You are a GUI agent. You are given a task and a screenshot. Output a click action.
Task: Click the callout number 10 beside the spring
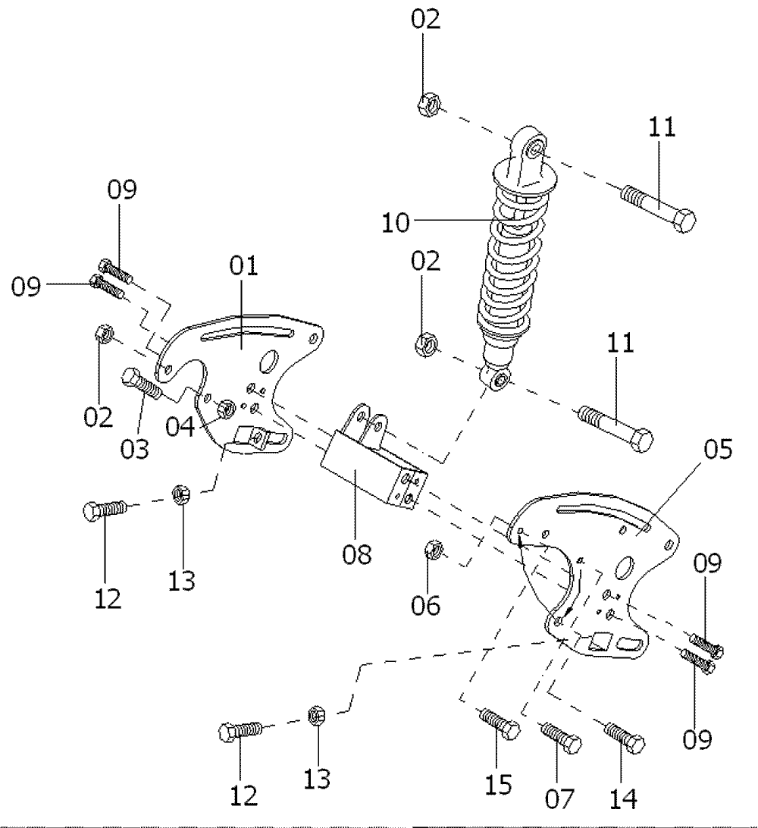(x=396, y=222)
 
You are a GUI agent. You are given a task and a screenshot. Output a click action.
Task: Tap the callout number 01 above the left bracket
(x=244, y=265)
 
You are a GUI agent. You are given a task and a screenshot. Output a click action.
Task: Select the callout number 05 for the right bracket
(x=718, y=449)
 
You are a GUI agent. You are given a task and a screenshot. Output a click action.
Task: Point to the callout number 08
(x=357, y=554)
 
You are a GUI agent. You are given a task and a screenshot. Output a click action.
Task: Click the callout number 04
(x=180, y=427)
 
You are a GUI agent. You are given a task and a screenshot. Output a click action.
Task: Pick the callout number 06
(x=425, y=605)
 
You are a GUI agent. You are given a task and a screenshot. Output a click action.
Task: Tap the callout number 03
(x=135, y=449)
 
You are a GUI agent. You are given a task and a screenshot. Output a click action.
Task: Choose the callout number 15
(x=498, y=785)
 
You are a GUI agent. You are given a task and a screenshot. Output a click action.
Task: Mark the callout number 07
(x=559, y=798)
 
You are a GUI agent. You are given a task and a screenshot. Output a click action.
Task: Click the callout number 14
(x=623, y=798)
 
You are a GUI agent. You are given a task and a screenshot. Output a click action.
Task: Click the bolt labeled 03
(x=143, y=384)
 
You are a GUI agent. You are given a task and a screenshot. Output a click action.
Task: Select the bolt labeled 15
(x=499, y=723)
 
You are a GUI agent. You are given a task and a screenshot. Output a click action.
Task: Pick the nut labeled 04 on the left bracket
(x=227, y=408)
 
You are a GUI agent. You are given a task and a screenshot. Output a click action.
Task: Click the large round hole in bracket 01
(x=268, y=362)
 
